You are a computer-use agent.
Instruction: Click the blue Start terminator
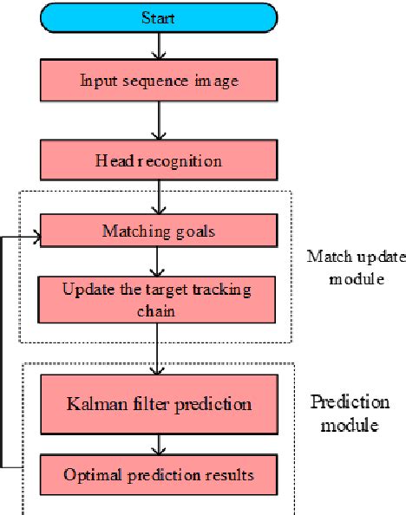coord(158,17)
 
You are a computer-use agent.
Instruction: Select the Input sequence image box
coord(158,81)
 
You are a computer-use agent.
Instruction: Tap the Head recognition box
coord(158,161)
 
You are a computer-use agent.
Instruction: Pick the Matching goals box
coord(158,231)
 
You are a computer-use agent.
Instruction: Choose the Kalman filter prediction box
coord(158,403)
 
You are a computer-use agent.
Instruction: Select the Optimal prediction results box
coord(158,474)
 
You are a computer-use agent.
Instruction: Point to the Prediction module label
coord(347,414)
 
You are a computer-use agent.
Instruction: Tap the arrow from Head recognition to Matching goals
coord(159,197)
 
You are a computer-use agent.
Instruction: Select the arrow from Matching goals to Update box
coord(159,261)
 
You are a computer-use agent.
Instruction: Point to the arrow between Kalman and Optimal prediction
coord(159,444)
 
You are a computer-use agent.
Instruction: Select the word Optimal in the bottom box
coord(89,475)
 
